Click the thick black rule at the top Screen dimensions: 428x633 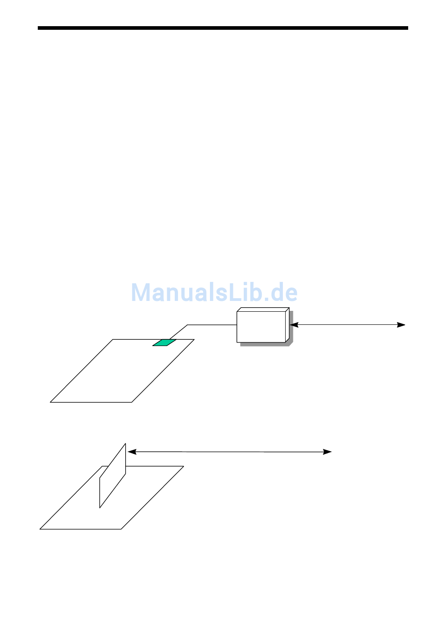tap(223, 28)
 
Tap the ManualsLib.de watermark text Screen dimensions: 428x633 tap(214, 293)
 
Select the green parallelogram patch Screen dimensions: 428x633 tap(164, 342)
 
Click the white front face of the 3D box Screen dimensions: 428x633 tap(261, 327)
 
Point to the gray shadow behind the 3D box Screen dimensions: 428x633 tap(291, 329)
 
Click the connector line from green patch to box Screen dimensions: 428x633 tap(212, 325)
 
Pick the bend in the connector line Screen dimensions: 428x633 tap(187, 325)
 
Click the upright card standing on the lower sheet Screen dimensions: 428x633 tap(113, 476)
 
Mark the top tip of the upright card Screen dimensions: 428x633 tap(125, 444)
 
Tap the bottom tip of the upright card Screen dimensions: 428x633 tap(100, 508)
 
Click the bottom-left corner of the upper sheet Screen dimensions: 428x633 tap(50, 402)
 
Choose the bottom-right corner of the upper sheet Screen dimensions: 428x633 tap(132, 402)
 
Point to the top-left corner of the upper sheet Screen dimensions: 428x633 tap(113, 339)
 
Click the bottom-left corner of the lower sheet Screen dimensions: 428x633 tap(40, 529)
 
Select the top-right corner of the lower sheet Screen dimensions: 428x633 tap(183, 466)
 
